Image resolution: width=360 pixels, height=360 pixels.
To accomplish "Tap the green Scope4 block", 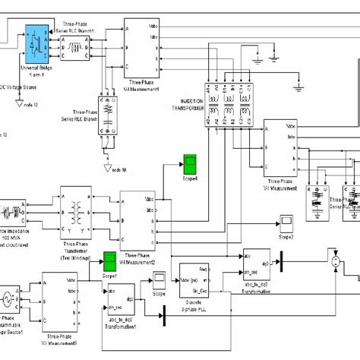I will point(190,163).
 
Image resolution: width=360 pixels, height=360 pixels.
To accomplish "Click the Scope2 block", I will point(287,222).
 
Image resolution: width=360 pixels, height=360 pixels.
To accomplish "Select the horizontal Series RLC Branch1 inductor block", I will point(76,45).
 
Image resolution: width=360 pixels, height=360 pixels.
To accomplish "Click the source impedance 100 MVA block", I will point(13,210).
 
